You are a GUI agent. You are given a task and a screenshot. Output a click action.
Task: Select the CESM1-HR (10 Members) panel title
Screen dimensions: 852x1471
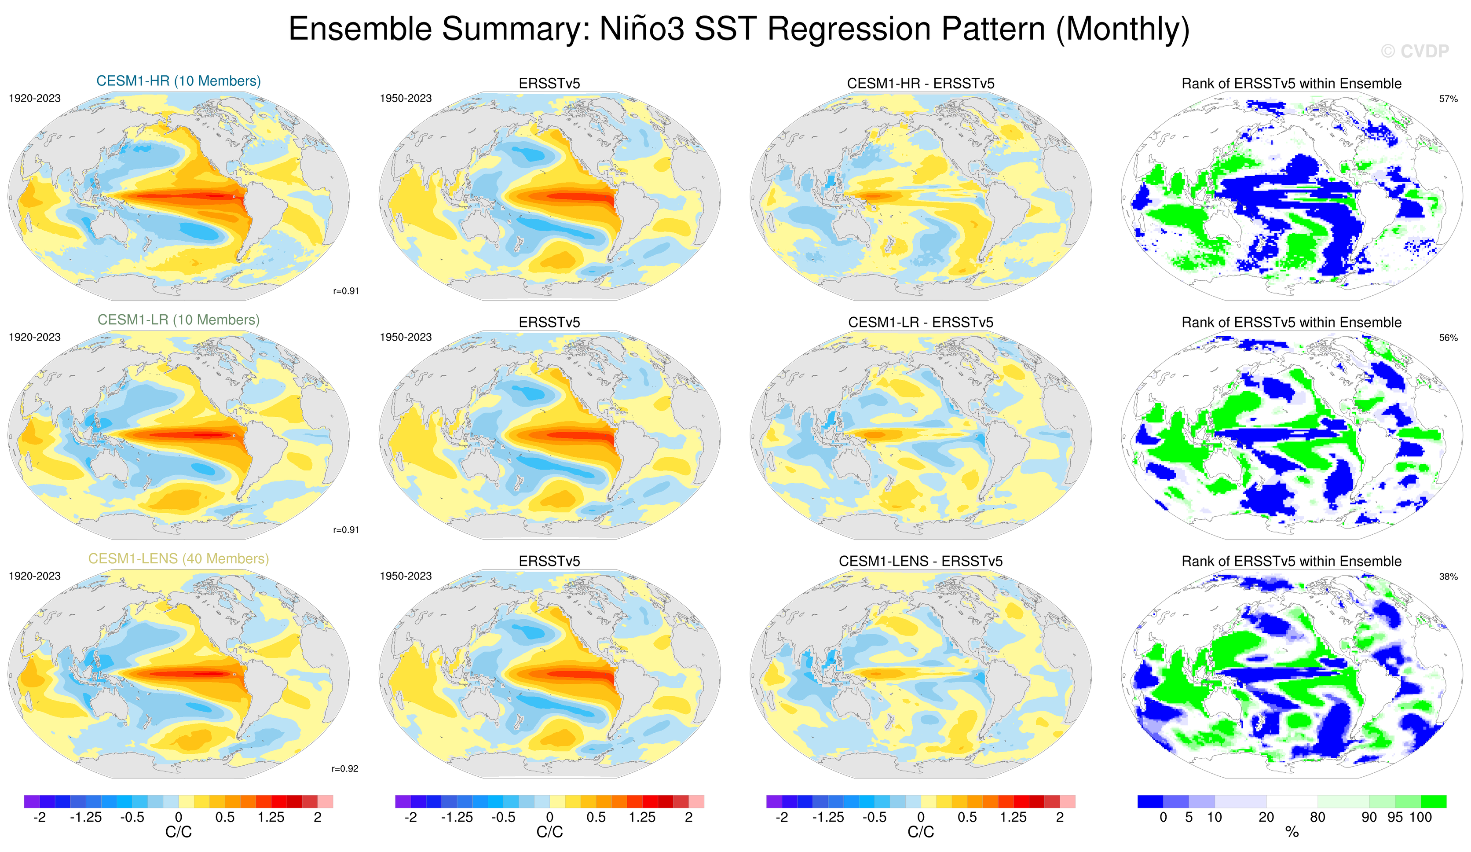179,81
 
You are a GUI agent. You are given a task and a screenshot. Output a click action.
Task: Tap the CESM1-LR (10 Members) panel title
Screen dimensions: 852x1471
179,319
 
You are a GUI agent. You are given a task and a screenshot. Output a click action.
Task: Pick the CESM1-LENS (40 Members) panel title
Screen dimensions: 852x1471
179,558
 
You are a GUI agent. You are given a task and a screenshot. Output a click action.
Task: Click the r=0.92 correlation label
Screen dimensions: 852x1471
345,768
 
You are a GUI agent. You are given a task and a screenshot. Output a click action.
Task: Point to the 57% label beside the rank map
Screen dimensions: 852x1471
1448,99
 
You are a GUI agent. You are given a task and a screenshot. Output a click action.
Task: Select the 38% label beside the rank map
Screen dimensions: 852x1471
1448,577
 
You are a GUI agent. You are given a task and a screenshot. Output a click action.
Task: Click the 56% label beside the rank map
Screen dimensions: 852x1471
1448,338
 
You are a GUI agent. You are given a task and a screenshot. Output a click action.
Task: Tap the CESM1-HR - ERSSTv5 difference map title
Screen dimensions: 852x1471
921,84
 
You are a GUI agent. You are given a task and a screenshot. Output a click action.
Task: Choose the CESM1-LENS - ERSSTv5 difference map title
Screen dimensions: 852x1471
921,561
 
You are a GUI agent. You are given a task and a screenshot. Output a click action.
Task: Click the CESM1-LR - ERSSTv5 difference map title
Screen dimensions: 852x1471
921,322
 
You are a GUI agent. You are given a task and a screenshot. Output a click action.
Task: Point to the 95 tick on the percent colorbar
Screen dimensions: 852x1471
1395,817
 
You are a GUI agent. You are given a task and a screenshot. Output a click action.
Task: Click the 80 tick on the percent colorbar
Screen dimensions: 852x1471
1317,817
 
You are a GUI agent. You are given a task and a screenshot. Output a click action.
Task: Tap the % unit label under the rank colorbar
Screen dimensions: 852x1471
1292,832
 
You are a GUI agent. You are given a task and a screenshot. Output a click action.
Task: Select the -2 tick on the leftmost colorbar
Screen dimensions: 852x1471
40,817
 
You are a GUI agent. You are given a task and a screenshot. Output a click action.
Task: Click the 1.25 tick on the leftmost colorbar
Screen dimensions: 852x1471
271,817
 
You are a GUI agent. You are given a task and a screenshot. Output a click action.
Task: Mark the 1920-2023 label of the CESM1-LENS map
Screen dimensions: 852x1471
34,576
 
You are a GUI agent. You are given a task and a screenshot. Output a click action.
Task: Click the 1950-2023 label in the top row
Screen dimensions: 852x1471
406,98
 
